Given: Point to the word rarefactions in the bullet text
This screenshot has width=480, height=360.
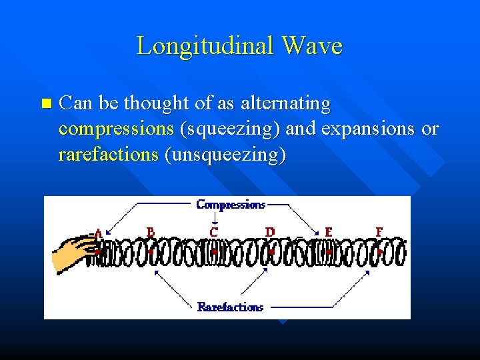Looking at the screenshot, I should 108,155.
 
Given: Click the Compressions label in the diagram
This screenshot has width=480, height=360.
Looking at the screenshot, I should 231,205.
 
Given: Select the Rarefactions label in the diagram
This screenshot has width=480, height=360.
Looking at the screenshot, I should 230,307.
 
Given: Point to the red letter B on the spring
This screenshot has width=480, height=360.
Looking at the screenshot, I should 151,232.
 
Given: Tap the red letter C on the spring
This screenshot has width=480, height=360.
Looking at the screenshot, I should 213,232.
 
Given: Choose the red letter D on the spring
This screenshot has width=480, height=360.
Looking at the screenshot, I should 270,232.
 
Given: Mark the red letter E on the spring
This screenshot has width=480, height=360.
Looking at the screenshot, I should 328,232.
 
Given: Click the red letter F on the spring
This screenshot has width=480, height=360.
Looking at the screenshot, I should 379,232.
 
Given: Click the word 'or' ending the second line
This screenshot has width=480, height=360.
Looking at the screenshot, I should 431,129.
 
